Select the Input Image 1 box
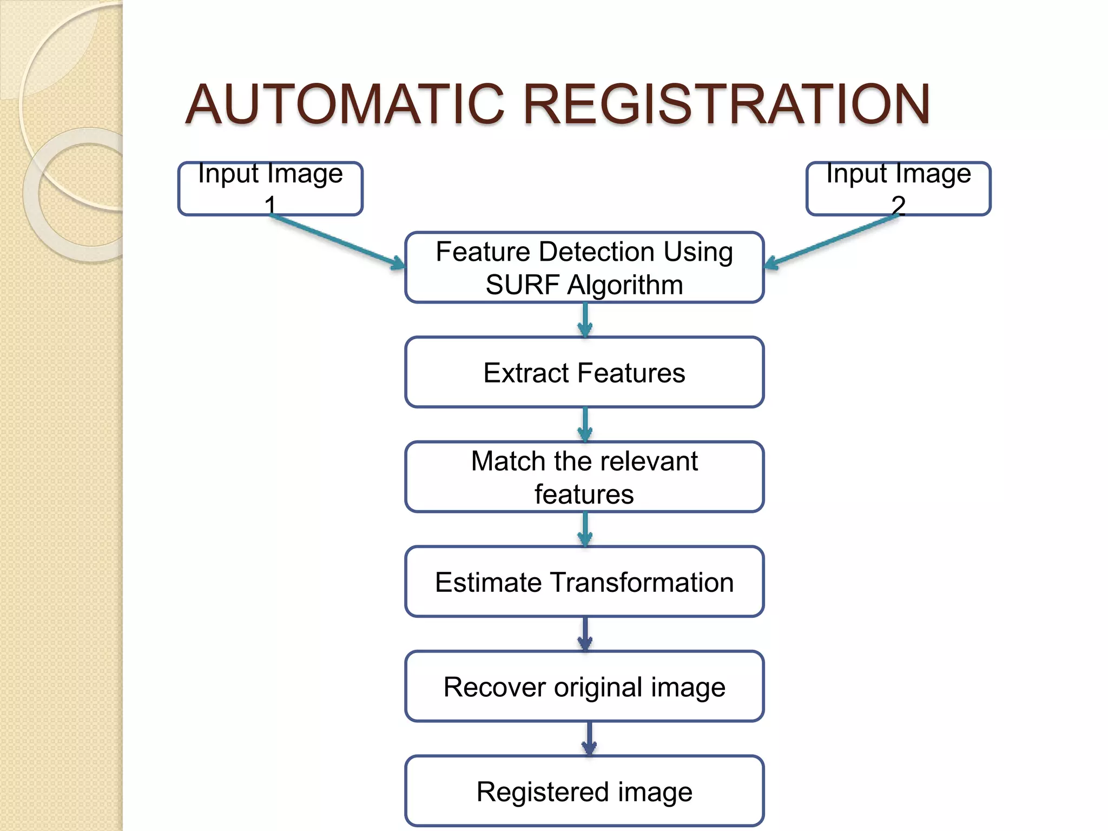point(270,189)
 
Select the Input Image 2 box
point(898,189)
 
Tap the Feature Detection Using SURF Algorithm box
point(584,267)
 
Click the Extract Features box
point(584,372)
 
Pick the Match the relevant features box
point(584,477)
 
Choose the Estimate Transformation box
point(584,582)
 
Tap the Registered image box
point(584,791)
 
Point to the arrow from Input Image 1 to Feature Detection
point(338,241)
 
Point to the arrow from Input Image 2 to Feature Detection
point(831,241)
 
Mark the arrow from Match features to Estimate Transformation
point(585,529)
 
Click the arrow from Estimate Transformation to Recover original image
point(585,634)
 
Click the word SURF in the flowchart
point(522,285)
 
